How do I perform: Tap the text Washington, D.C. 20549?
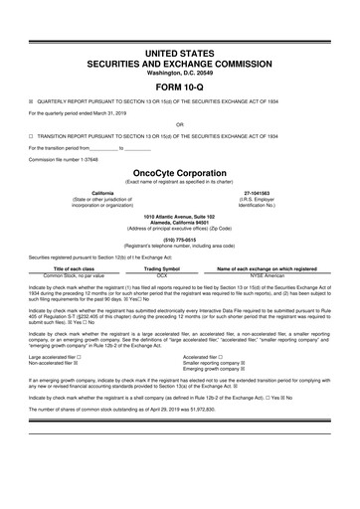tap(179, 70)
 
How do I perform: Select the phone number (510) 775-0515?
tap(179, 239)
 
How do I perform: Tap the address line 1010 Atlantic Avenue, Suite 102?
tap(179, 215)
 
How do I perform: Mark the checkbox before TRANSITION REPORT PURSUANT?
tap(32, 137)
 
